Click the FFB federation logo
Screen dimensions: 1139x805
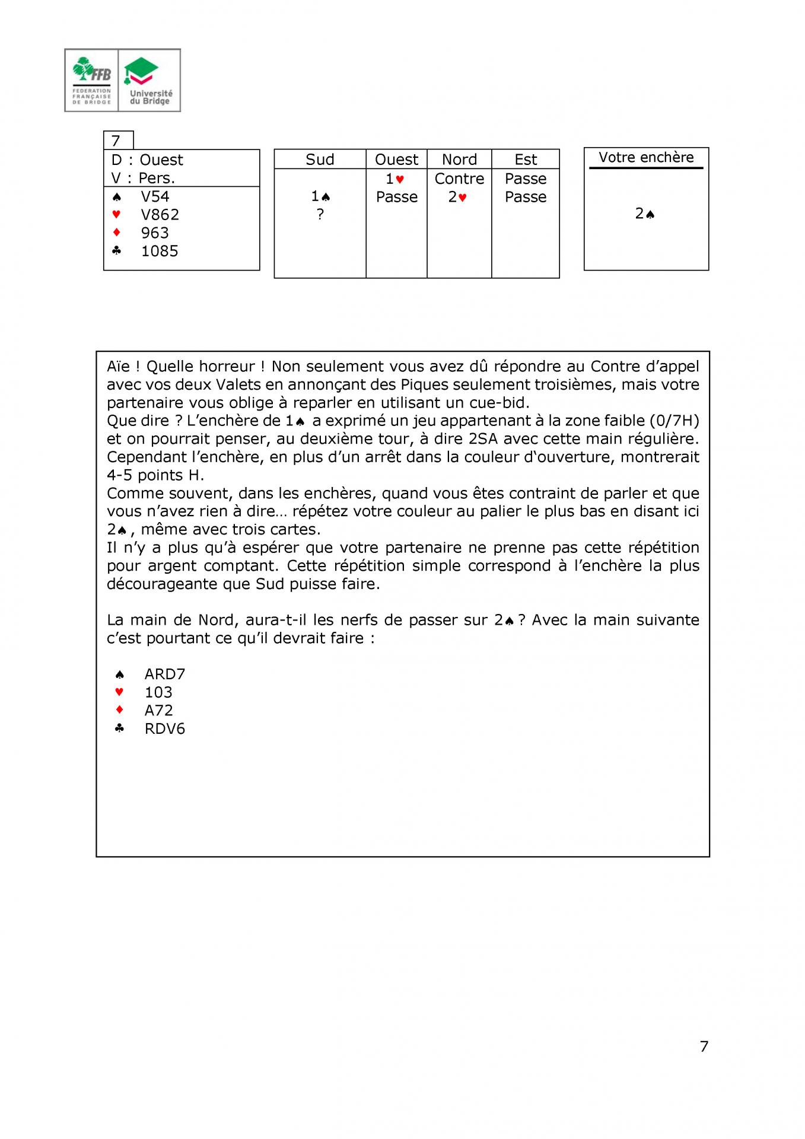[x=92, y=80]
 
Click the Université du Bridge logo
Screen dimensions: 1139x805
[x=150, y=80]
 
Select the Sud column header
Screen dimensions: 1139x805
[x=320, y=160]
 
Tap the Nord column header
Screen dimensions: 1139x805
[x=459, y=160]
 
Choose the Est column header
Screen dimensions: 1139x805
[x=526, y=160]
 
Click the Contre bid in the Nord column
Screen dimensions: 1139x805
[x=459, y=179]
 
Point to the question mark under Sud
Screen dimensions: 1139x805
[x=320, y=214]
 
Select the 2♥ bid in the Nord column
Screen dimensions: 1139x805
[x=457, y=197]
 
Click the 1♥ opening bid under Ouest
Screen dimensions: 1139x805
[x=395, y=179]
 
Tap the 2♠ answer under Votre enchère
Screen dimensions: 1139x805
[x=645, y=214]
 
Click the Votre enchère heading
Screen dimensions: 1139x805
[x=646, y=157]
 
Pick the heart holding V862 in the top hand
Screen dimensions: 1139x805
[x=160, y=215]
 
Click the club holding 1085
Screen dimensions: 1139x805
[x=160, y=251]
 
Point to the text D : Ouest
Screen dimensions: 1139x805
[x=147, y=160]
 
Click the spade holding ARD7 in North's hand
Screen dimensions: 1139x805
[x=165, y=674]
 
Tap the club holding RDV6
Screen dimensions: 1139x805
[x=165, y=728]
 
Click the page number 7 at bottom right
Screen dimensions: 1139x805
[x=704, y=1046]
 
